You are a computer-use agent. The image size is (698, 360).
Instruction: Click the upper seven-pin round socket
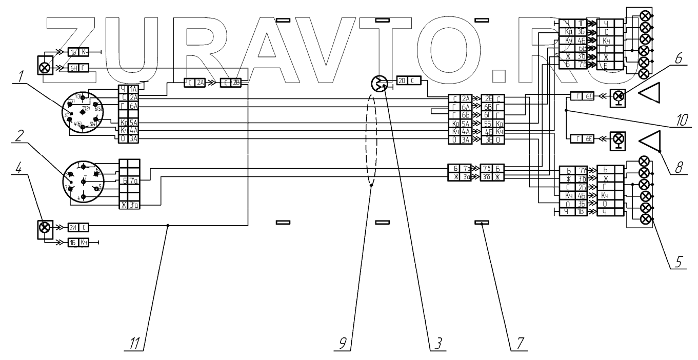83,112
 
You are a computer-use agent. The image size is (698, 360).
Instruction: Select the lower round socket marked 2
82,183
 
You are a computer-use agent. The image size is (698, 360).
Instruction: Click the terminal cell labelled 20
402,80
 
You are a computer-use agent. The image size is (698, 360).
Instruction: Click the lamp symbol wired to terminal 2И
45,227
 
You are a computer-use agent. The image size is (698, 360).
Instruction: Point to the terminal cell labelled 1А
133,89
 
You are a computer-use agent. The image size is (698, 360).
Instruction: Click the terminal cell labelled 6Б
466,115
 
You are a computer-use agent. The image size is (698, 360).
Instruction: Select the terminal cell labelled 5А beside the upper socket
133,123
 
